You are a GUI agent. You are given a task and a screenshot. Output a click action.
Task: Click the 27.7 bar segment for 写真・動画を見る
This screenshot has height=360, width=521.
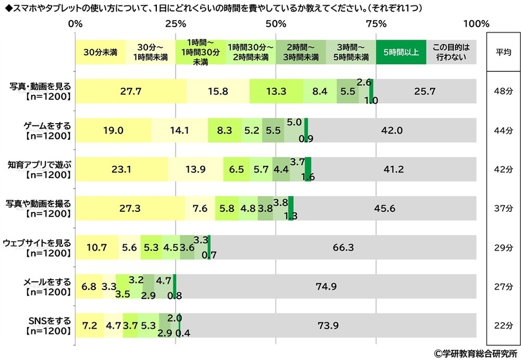click(131, 92)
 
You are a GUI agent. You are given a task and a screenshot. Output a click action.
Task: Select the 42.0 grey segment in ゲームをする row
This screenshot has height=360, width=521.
click(391, 130)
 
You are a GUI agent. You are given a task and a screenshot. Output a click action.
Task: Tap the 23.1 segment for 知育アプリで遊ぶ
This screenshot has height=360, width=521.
click(121, 169)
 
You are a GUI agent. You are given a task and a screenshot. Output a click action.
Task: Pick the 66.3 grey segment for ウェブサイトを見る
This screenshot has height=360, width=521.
click(343, 247)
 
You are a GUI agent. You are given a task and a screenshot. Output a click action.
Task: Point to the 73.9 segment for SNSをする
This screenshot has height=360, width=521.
click(328, 325)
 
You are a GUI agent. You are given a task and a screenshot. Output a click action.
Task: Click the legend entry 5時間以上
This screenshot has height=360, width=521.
click(401, 53)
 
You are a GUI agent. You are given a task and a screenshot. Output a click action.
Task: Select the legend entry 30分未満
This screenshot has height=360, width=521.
click(100, 53)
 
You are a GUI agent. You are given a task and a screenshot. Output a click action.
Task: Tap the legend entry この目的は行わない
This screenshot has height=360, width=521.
click(451, 53)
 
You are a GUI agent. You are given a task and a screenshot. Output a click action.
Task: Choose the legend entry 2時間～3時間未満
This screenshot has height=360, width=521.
click(300, 53)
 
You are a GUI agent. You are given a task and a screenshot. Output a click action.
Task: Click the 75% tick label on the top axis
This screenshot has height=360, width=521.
click(376, 24)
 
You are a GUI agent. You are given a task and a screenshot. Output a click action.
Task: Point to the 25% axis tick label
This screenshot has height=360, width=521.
click(176, 24)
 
